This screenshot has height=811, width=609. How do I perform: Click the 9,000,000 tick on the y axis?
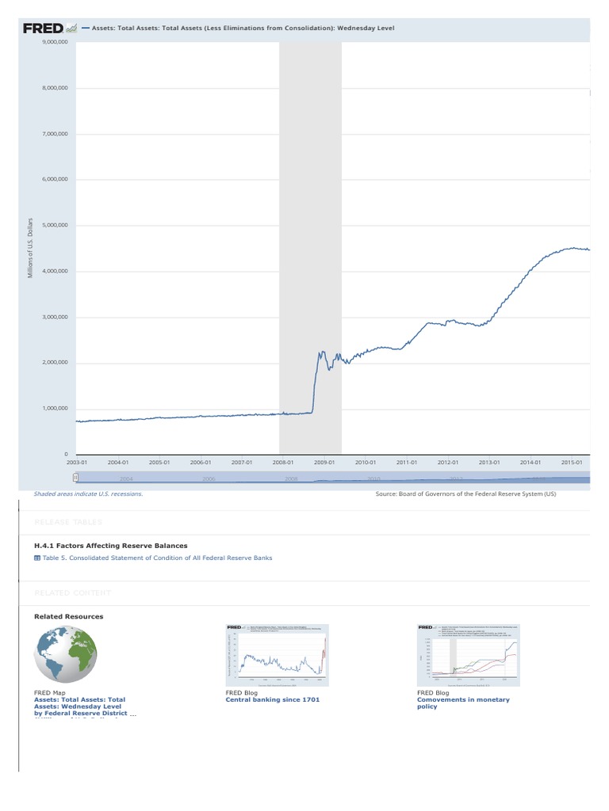[x=55, y=42]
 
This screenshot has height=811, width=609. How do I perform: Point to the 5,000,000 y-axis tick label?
[x=55, y=226]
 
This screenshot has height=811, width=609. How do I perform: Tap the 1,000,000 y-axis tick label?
[x=55, y=409]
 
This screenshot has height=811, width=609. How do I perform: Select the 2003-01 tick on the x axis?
[x=76, y=462]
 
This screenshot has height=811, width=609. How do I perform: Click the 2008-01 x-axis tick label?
[x=282, y=462]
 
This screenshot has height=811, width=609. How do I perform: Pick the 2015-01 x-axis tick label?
[x=571, y=462]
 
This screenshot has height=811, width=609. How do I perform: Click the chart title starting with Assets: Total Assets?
[x=243, y=29]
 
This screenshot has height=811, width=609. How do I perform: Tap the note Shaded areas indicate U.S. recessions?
[x=88, y=493]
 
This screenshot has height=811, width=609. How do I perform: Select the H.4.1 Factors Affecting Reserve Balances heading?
[x=111, y=546]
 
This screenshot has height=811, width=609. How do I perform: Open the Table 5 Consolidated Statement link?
[x=153, y=558]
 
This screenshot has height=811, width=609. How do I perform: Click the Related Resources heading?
[x=68, y=616]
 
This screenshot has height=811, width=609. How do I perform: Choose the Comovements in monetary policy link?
[x=463, y=703]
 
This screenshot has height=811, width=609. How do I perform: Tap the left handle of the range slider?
[x=75, y=478]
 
